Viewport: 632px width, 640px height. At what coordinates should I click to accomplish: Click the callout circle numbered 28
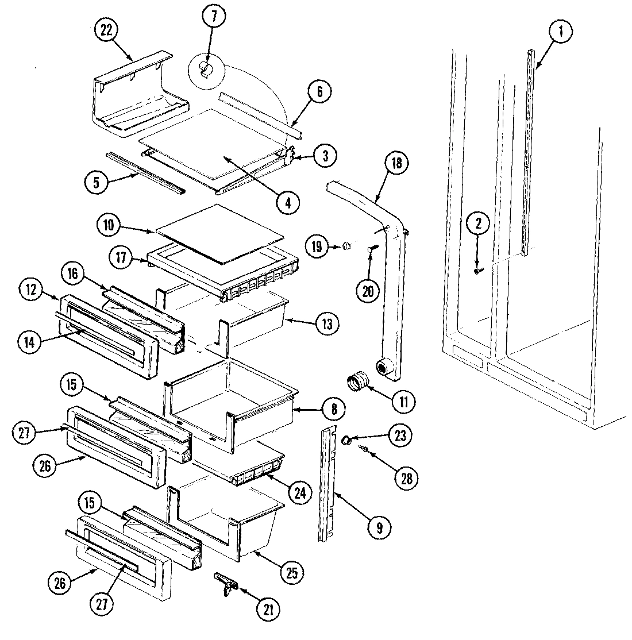click(x=406, y=478)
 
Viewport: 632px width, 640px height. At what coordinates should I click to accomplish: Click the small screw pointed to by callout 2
click(x=477, y=270)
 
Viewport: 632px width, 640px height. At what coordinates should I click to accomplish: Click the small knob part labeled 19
click(x=346, y=246)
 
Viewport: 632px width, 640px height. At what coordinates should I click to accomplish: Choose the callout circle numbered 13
click(x=326, y=324)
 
